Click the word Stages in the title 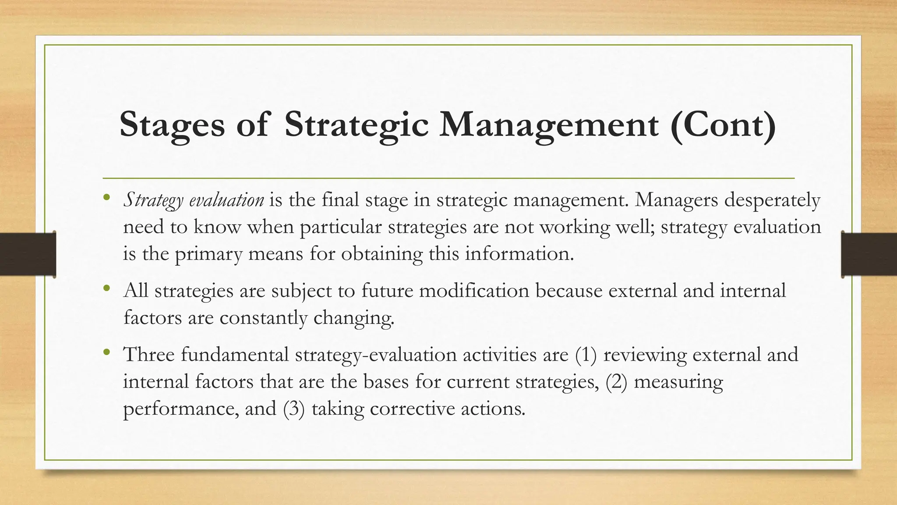coord(172,125)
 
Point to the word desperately coord(772,200)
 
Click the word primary coord(208,254)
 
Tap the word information coord(519,253)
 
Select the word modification coord(474,291)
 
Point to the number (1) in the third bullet coord(586,355)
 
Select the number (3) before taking coord(293,409)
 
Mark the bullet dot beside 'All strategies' coord(106,288)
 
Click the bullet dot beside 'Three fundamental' coord(106,352)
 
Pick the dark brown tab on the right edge coord(869,254)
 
